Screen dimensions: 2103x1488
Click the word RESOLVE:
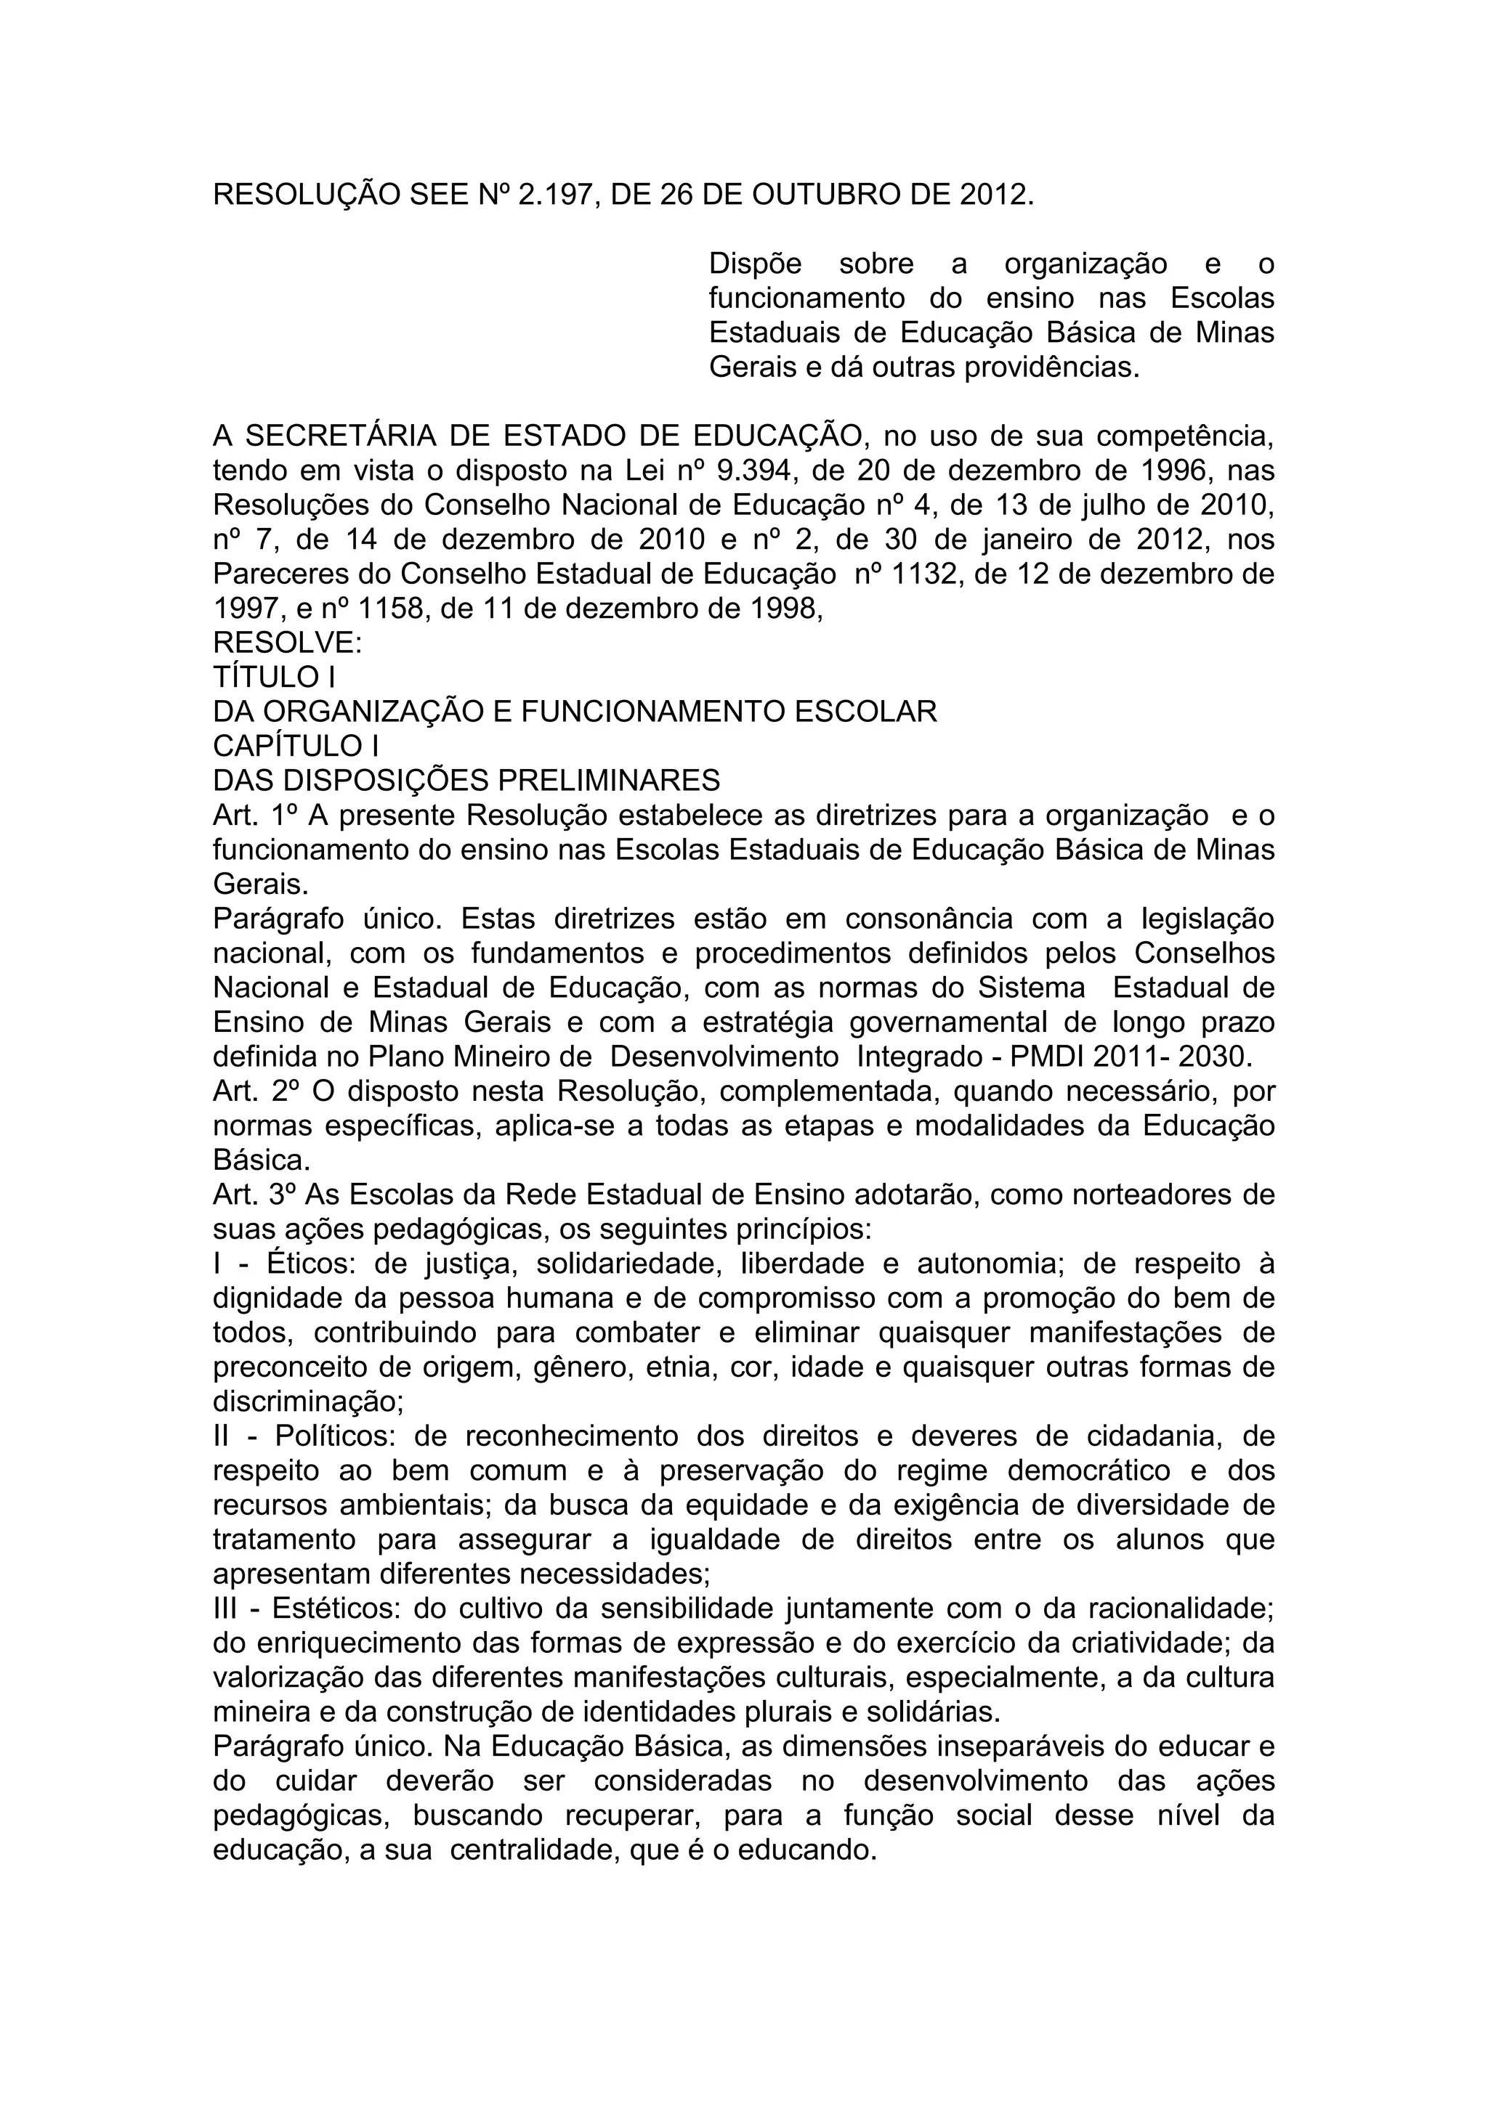pos(288,644)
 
